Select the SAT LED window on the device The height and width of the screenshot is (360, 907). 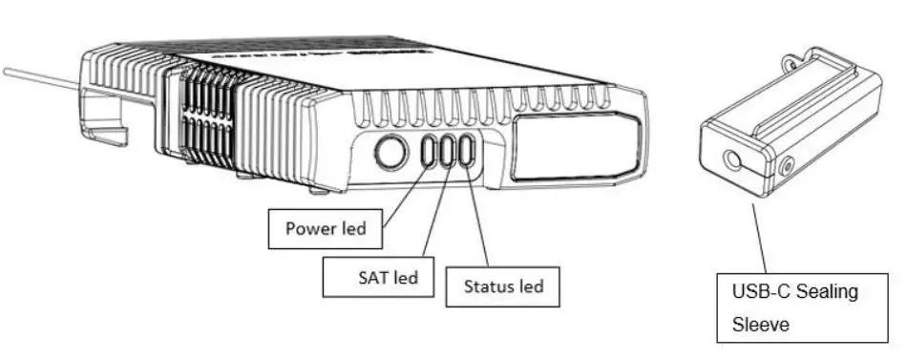tap(447, 152)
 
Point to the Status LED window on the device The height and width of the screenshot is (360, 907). tap(467, 152)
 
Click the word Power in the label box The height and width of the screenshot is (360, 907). tap(307, 229)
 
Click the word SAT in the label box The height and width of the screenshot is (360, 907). tap(374, 278)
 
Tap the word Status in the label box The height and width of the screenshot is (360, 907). tap(487, 286)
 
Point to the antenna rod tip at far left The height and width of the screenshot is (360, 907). tap(8, 71)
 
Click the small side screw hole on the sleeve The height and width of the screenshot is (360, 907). tap(786, 167)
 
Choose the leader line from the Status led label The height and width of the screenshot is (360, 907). tap(479, 220)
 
